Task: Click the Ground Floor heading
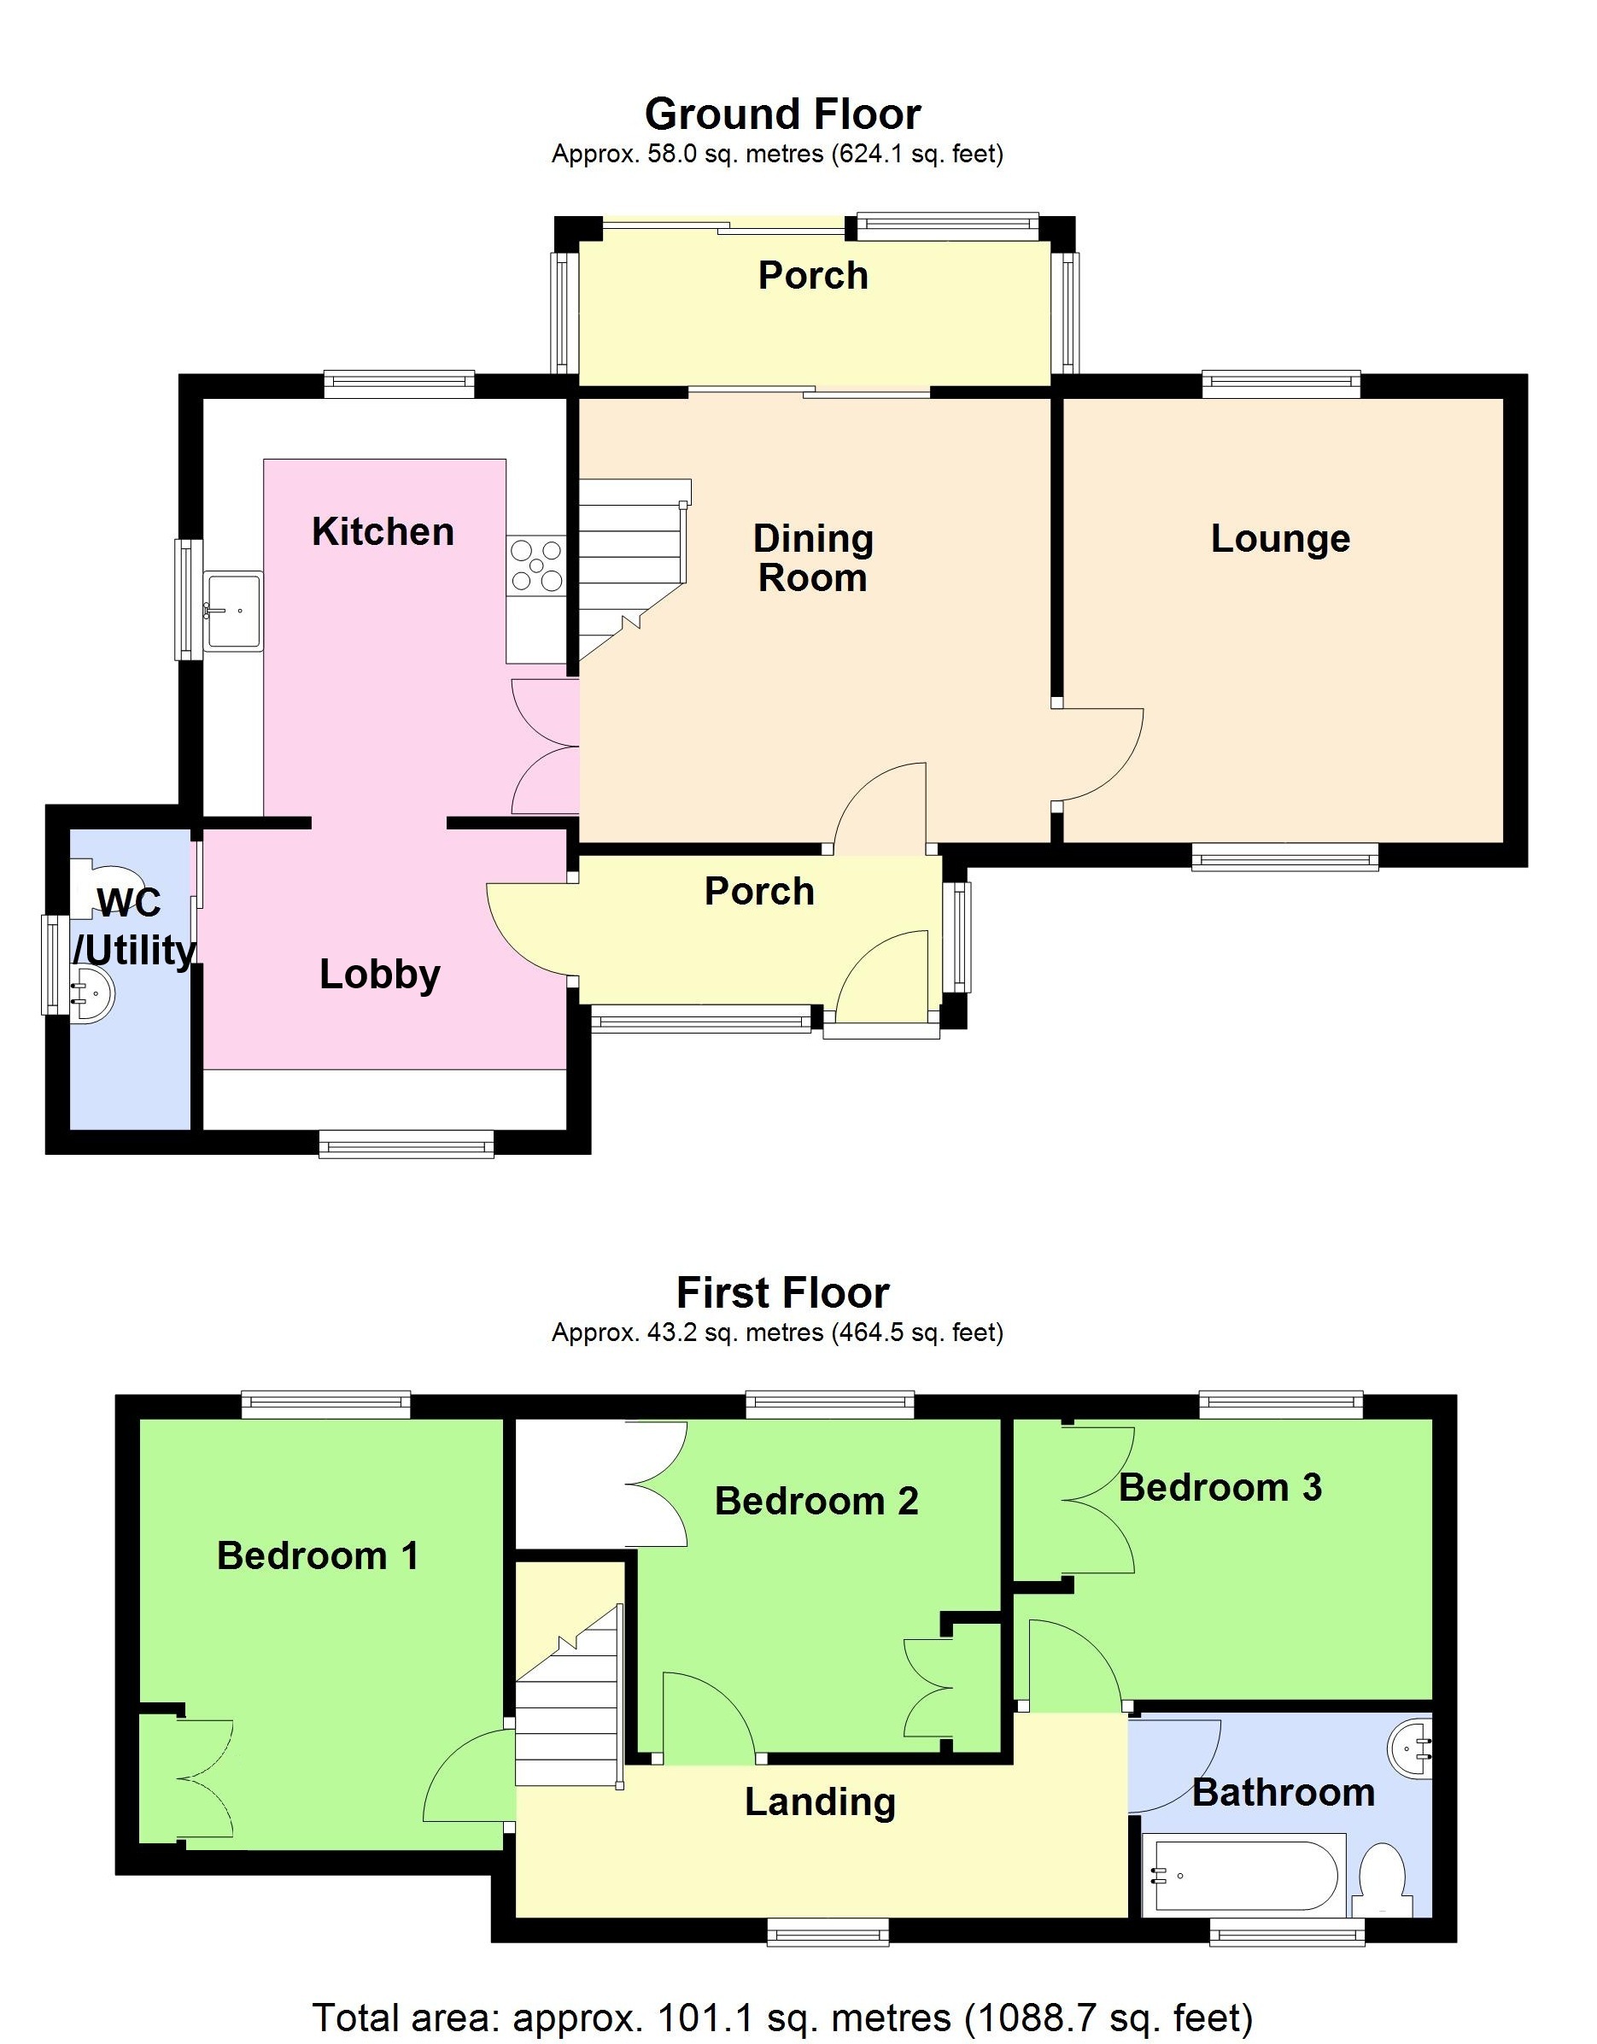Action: (x=782, y=114)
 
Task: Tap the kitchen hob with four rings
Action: (x=535, y=565)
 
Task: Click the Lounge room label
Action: (x=1280, y=539)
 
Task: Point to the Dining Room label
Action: (x=813, y=558)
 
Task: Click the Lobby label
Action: (x=379, y=975)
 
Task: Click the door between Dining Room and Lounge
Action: (x=1099, y=754)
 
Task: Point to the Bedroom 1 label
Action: (x=317, y=1555)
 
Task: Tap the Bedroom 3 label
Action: (x=1220, y=1487)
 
